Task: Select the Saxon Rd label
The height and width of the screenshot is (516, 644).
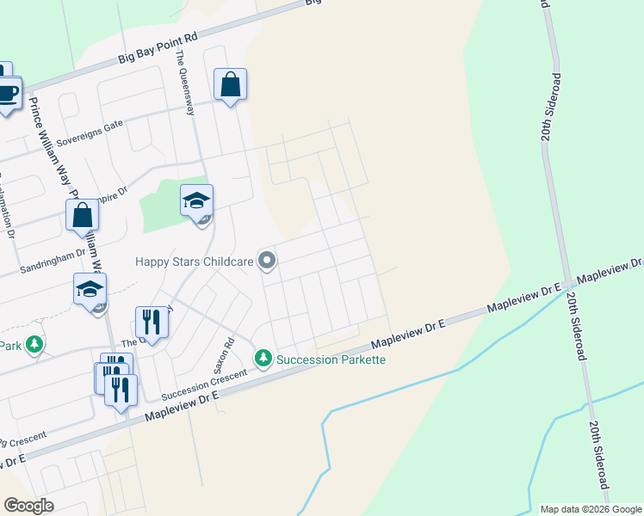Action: tap(228, 352)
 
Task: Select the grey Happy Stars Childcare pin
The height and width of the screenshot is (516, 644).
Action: tap(268, 260)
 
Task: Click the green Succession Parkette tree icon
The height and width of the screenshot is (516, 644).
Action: tap(263, 358)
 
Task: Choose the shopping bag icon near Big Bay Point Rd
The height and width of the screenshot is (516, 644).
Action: tap(230, 85)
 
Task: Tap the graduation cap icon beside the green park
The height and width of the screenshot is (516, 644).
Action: tap(196, 202)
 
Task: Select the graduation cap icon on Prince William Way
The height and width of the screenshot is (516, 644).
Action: tap(90, 290)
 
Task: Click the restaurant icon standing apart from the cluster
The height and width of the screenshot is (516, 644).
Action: tap(151, 322)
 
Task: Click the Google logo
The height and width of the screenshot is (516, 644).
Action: tap(28, 506)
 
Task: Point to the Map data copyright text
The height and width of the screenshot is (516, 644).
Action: tap(591, 509)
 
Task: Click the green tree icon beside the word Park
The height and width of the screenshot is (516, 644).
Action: tap(34, 346)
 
